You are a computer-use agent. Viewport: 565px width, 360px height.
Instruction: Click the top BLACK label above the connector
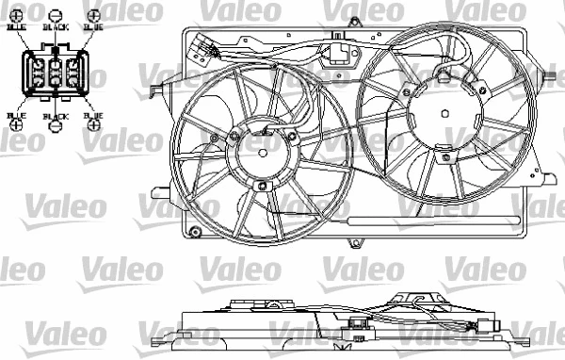56,29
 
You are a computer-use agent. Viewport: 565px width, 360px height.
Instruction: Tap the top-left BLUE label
17,29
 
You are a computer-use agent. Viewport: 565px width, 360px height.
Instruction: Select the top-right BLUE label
93,29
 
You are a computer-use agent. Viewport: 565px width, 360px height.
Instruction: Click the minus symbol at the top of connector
56,16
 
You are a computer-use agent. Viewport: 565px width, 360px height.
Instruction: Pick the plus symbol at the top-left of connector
17,16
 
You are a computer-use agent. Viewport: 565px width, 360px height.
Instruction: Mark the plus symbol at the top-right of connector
93,16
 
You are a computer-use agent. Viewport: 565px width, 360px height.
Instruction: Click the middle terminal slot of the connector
56,73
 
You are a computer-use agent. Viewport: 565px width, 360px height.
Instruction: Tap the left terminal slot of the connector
37,73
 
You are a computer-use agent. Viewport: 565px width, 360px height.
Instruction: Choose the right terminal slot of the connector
76,73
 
